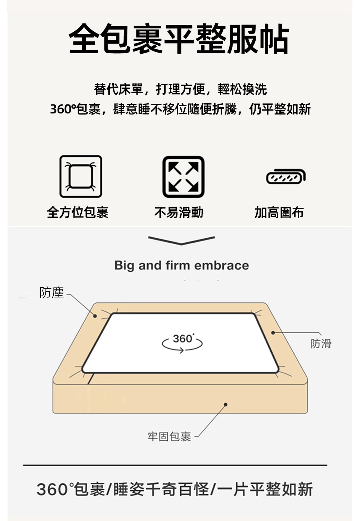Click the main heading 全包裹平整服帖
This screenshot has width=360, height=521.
coord(179,39)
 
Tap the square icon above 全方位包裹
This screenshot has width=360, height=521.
coord(81,176)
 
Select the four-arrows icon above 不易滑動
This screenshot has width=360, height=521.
coord(184,177)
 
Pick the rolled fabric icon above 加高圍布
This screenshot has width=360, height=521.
coord(286,176)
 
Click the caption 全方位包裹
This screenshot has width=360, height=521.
coord(78,212)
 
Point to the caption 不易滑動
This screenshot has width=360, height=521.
coord(179,212)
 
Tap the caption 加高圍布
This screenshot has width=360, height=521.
coord(279,212)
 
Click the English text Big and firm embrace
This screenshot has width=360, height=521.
coord(182,265)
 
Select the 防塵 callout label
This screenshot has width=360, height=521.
coord(51,292)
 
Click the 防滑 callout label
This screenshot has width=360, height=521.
coord(321,343)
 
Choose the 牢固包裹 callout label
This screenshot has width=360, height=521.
coord(169,437)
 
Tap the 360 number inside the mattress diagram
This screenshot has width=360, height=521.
coord(183,339)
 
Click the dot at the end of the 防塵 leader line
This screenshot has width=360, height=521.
coord(95,316)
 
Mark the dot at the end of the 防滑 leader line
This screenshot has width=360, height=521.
coord(273,333)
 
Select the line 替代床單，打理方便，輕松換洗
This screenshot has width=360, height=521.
coord(180,89)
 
